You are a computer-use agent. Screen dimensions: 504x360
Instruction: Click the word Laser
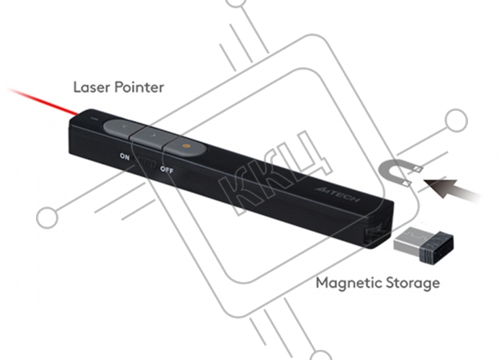click(91, 87)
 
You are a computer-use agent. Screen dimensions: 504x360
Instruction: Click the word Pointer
click(139, 87)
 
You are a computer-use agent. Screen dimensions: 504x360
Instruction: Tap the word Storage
click(413, 283)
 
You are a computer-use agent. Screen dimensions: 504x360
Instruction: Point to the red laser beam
click(42, 102)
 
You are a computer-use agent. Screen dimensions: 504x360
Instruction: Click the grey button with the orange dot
click(186, 146)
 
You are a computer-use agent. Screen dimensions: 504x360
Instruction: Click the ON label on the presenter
click(125, 156)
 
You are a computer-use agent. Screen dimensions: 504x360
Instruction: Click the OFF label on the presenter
click(167, 169)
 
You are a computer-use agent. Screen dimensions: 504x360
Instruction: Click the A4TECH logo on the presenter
click(338, 194)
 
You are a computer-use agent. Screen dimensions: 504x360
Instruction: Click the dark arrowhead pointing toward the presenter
click(441, 187)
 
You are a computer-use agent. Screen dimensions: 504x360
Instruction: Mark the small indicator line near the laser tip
click(94, 119)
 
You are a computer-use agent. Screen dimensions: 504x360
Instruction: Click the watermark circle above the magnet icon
click(456, 120)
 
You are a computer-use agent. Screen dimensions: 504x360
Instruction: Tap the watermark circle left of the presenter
click(48, 217)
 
